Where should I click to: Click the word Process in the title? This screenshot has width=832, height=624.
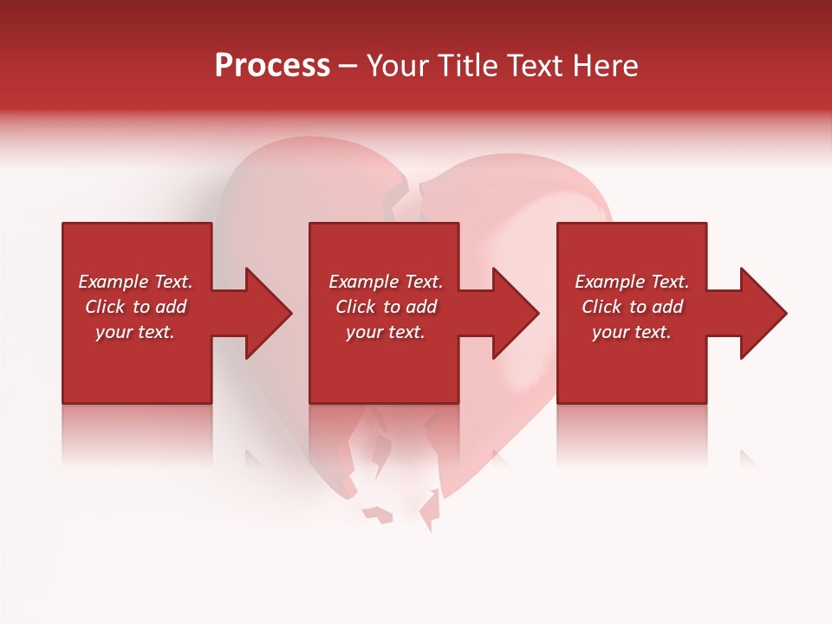272,66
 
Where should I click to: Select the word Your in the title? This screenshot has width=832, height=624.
398,66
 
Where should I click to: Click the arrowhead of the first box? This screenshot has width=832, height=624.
265,313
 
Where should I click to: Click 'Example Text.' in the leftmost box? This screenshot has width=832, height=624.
135,282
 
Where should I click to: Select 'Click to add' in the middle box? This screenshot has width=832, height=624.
386,307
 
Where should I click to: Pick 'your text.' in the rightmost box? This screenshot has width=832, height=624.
632,332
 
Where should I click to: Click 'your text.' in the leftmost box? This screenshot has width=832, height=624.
135,332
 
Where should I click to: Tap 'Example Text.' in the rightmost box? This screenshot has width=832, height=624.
632,282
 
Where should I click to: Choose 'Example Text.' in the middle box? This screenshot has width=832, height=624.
386,282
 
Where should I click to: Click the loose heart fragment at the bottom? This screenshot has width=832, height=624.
378,515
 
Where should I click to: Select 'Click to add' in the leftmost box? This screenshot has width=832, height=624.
135,307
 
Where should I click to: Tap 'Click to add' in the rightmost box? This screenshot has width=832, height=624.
632,307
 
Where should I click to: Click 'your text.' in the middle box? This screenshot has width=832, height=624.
386,332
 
